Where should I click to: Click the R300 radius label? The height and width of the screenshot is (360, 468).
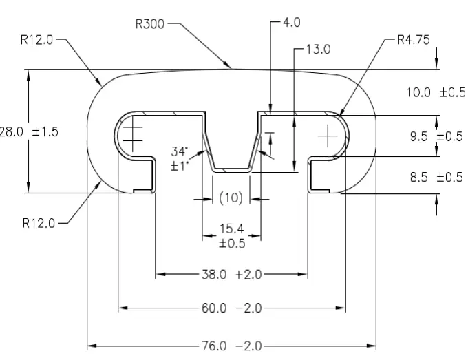[x=150, y=24]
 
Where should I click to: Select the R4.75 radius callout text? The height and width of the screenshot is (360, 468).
[x=414, y=40]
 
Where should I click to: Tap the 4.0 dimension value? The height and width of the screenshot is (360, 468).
[x=291, y=23]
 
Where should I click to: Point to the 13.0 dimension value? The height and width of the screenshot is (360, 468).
[x=319, y=50]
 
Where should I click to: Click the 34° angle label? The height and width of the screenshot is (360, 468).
[x=180, y=151]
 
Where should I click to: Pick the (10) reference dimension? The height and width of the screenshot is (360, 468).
[x=231, y=198]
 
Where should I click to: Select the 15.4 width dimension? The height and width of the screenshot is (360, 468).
[x=232, y=229]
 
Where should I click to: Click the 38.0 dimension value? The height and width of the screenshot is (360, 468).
[x=214, y=275]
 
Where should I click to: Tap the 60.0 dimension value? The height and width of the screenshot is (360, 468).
[x=214, y=308]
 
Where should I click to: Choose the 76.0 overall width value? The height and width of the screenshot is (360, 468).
[x=214, y=346]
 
